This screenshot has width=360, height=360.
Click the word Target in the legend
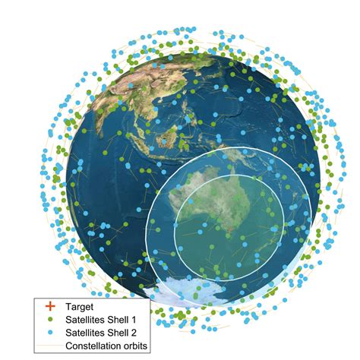tap(79, 307)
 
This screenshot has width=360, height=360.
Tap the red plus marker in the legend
tap(50, 307)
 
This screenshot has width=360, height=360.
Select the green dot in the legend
tap(50, 320)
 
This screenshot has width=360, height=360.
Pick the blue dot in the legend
tap(50, 333)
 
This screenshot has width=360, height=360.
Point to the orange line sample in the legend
tap(50, 346)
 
